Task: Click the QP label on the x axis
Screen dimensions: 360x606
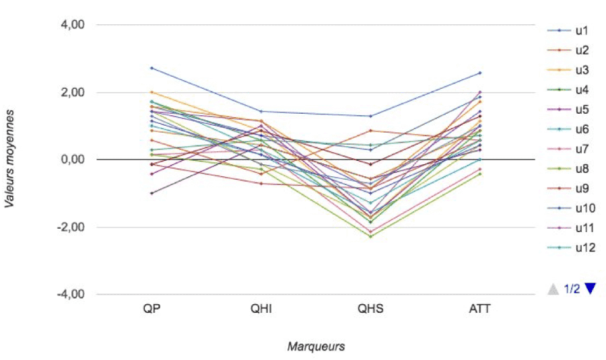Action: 151,309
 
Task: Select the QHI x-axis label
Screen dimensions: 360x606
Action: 261,309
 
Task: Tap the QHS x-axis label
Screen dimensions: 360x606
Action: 370,309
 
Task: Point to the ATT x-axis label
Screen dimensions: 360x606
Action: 480,309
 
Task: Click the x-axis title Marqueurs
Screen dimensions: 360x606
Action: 316,347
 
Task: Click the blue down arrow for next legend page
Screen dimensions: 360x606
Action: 591,289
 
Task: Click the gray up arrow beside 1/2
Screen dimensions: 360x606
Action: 553,289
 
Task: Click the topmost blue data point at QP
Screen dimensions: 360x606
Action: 151,68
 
